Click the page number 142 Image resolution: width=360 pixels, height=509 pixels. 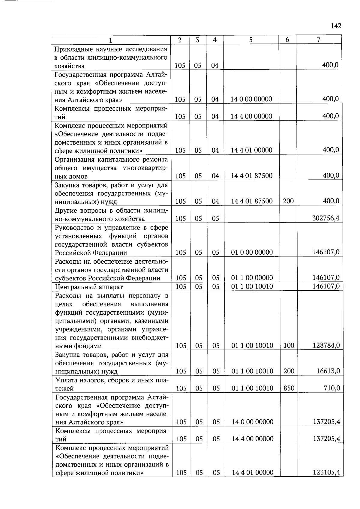click(336, 26)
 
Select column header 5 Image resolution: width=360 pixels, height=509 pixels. click(251, 40)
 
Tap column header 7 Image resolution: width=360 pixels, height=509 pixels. click(319, 39)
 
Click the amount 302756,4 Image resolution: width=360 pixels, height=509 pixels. click(326, 218)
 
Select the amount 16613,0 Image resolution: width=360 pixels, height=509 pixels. click(328, 371)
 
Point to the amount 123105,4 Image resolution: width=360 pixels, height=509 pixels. click(326, 472)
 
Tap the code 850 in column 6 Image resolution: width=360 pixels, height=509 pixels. click(289, 388)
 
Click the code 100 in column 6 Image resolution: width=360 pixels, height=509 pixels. click(289, 345)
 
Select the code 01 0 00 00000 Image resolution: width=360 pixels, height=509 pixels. click(252, 252)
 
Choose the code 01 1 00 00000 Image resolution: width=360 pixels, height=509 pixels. click(252, 278)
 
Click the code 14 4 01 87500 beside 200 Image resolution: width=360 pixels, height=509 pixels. click(251, 201)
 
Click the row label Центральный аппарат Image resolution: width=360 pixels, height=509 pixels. click(89, 287)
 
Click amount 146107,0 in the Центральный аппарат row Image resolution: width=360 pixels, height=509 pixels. click(326, 286)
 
